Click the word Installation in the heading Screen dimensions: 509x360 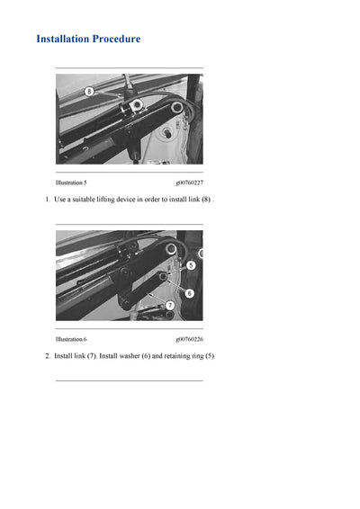[x=66, y=40]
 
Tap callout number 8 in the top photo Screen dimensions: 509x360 [x=89, y=92]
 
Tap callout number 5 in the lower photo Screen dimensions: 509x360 [x=191, y=265]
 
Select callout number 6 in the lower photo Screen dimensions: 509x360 [x=189, y=293]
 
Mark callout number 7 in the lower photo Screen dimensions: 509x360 [x=170, y=306]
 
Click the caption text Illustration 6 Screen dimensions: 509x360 [x=71, y=339]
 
